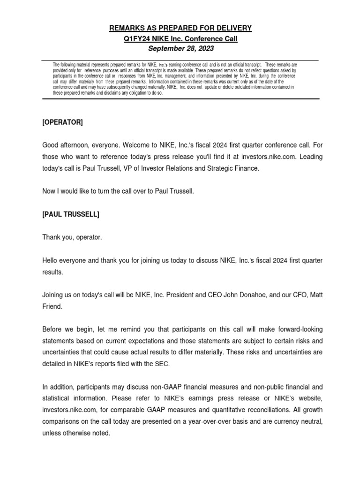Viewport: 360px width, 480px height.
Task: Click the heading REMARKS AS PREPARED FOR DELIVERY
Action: click(180, 28)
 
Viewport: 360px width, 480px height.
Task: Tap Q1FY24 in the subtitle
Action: click(136, 38)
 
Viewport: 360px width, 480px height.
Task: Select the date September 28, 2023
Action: click(180, 48)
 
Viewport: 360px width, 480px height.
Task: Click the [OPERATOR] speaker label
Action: click(62, 123)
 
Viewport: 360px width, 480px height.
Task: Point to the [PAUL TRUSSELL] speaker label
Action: click(70, 214)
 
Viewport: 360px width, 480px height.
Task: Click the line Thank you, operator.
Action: click(72, 237)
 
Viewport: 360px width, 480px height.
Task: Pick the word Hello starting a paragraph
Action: click(51, 260)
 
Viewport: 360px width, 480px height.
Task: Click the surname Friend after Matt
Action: click(52, 306)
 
